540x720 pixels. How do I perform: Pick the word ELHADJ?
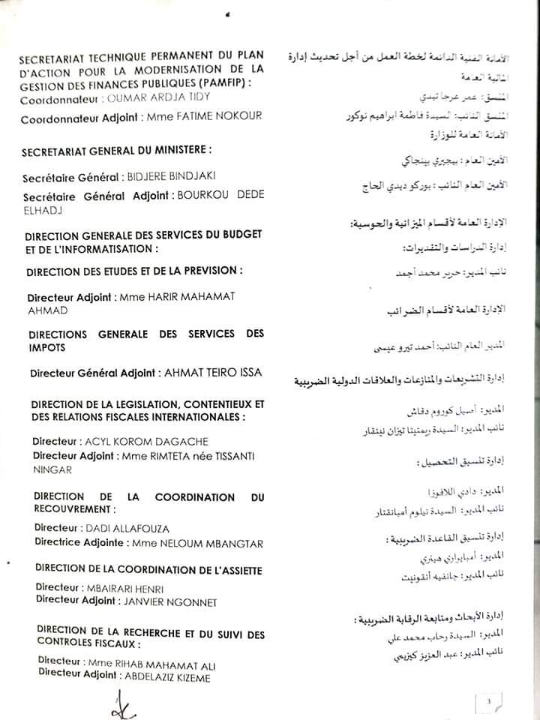[44, 211]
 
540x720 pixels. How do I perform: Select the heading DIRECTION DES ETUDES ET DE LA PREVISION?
[134, 270]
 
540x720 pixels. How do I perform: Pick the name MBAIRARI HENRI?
[123, 589]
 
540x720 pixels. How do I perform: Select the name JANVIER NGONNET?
[164, 601]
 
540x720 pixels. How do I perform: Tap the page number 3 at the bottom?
[488, 702]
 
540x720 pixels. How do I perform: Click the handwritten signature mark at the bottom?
[121, 704]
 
